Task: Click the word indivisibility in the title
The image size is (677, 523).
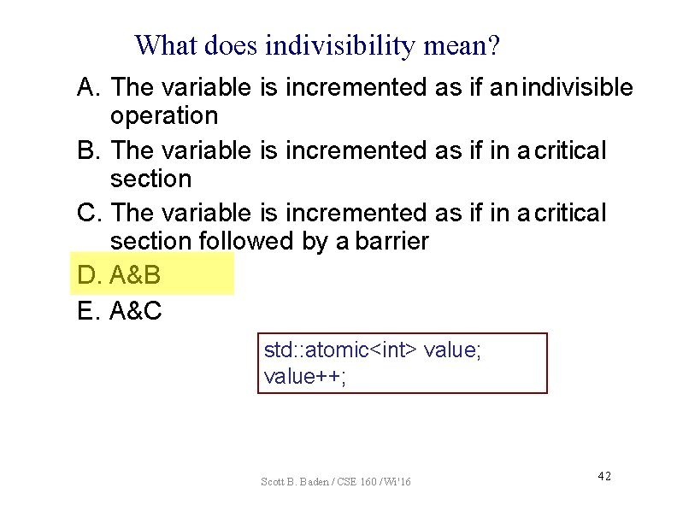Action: [342, 45]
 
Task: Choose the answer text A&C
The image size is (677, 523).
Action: [136, 312]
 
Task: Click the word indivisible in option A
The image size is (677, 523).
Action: [577, 87]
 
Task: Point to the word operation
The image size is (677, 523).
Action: [164, 115]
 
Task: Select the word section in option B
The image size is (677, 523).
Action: [150, 179]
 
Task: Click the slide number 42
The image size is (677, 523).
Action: [603, 476]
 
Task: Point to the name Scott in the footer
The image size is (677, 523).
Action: [274, 483]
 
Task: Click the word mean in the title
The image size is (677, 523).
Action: [455, 45]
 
